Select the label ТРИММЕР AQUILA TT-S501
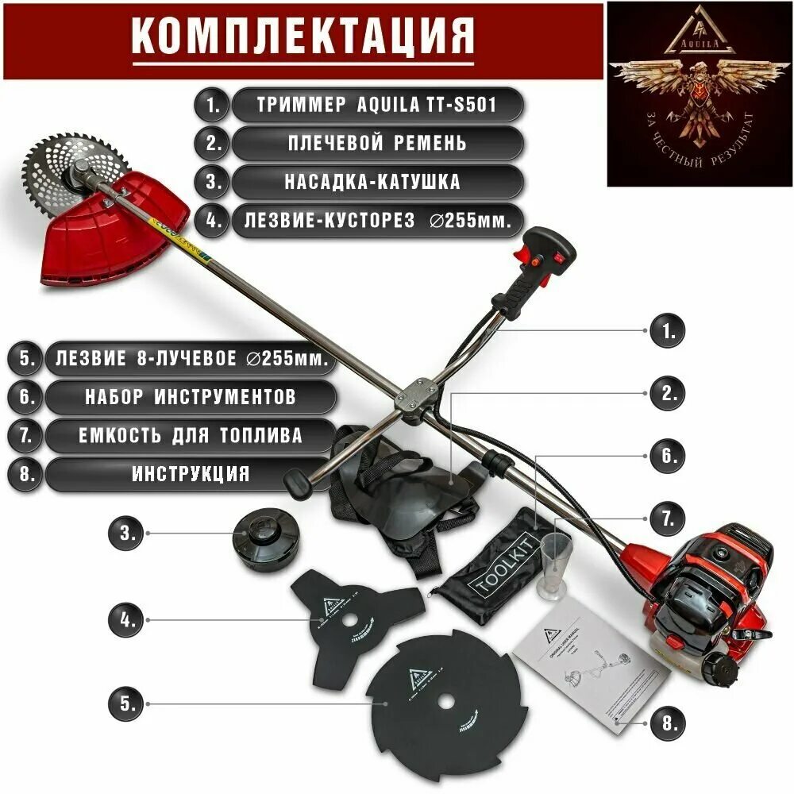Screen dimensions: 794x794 coord(377,105)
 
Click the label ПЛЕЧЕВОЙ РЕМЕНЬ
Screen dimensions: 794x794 coord(377,143)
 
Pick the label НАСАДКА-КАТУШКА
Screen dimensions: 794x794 coord(377,181)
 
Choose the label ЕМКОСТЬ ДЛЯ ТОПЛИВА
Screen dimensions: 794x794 coord(190,435)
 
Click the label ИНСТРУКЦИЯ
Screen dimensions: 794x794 coord(190,474)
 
